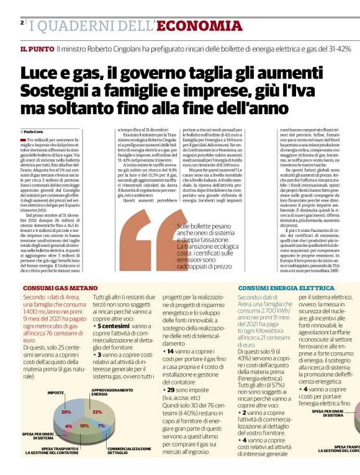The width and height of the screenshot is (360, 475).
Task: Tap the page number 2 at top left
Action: click(x=22, y=23)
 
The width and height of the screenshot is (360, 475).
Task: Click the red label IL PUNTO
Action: click(x=36, y=48)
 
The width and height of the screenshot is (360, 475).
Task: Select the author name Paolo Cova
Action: click(x=35, y=132)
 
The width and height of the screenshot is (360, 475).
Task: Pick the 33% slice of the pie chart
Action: click(x=97, y=411)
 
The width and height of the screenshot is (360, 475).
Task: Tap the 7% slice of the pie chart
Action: click(x=101, y=426)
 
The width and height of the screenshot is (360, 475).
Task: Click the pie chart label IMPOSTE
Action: click(x=56, y=393)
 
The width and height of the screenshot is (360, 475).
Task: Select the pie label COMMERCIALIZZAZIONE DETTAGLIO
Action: click(x=128, y=450)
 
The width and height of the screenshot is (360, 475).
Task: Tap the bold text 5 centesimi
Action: click(x=112, y=325)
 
